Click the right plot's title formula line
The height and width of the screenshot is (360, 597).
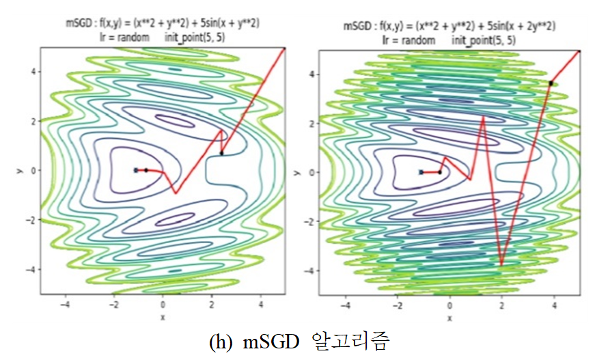coord(449,27)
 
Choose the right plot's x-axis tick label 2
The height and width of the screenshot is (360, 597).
coord(501,305)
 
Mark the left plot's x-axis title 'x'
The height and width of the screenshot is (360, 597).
coord(163,316)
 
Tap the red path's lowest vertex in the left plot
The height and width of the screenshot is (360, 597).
coord(176,193)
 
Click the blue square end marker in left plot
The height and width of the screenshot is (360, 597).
coord(136,170)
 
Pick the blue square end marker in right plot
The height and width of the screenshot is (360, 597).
coord(421,172)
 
